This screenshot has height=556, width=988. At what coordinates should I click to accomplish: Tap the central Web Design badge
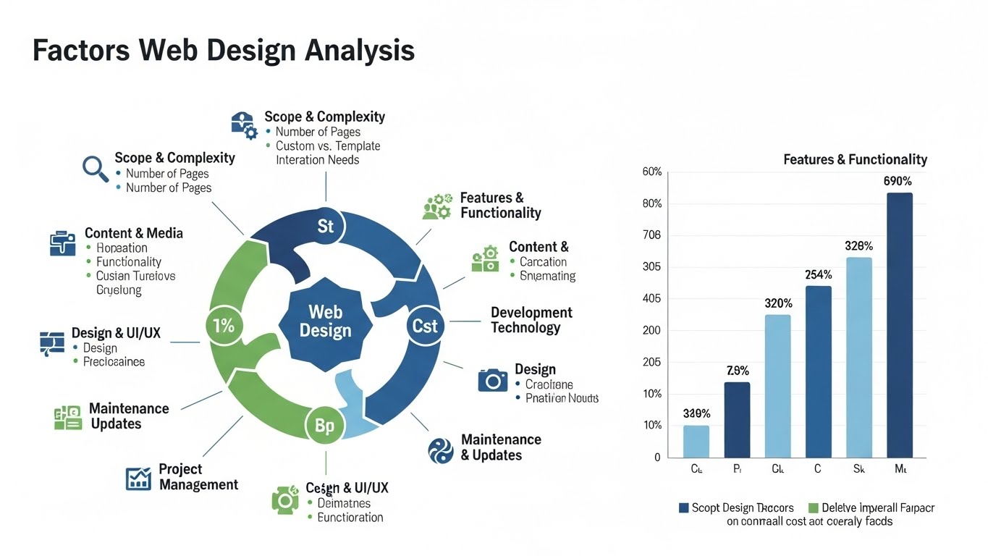[x=325, y=321]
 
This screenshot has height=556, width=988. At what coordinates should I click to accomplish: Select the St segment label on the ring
[x=326, y=227]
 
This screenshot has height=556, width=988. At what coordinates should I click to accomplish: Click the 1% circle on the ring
[x=224, y=326]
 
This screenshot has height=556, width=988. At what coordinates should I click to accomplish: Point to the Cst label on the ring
[x=425, y=326]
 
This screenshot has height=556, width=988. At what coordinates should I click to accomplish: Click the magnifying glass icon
[x=95, y=168]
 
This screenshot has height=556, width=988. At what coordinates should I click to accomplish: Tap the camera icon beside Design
[x=493, y=380]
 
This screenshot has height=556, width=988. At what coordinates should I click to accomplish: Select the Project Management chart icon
[x=138, y=478]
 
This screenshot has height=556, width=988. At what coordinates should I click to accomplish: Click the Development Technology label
[x=531, y=320]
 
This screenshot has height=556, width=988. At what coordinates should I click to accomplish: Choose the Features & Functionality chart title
[x=855, y=159]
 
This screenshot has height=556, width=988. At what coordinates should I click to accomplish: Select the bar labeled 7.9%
[x=737, y=420]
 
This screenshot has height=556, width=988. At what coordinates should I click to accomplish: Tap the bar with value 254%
[x=818, y=371]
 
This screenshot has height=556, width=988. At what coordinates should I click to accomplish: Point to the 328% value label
[x=858, y=246]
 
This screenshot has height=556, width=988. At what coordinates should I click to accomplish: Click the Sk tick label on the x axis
[x=858, y=469]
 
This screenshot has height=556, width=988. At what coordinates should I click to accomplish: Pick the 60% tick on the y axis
[x=651, y=172]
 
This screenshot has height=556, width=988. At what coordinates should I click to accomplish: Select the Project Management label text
[x=198, y=477]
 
